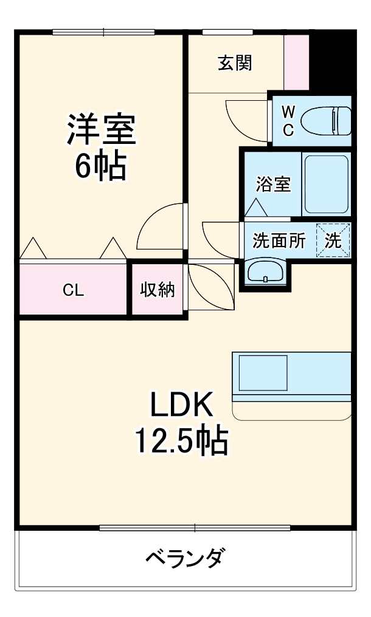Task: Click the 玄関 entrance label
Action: point(235,63)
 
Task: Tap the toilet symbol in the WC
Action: point(331,120)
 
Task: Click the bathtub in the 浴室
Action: point(325,184)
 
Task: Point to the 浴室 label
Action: point(273,184)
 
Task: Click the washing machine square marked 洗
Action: point(333,240)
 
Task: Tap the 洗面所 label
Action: point(279,241)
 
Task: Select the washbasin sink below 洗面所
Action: point(266,270)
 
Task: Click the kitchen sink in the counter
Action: point(263,372)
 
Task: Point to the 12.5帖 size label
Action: point(181,441)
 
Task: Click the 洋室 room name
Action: point(101,129)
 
